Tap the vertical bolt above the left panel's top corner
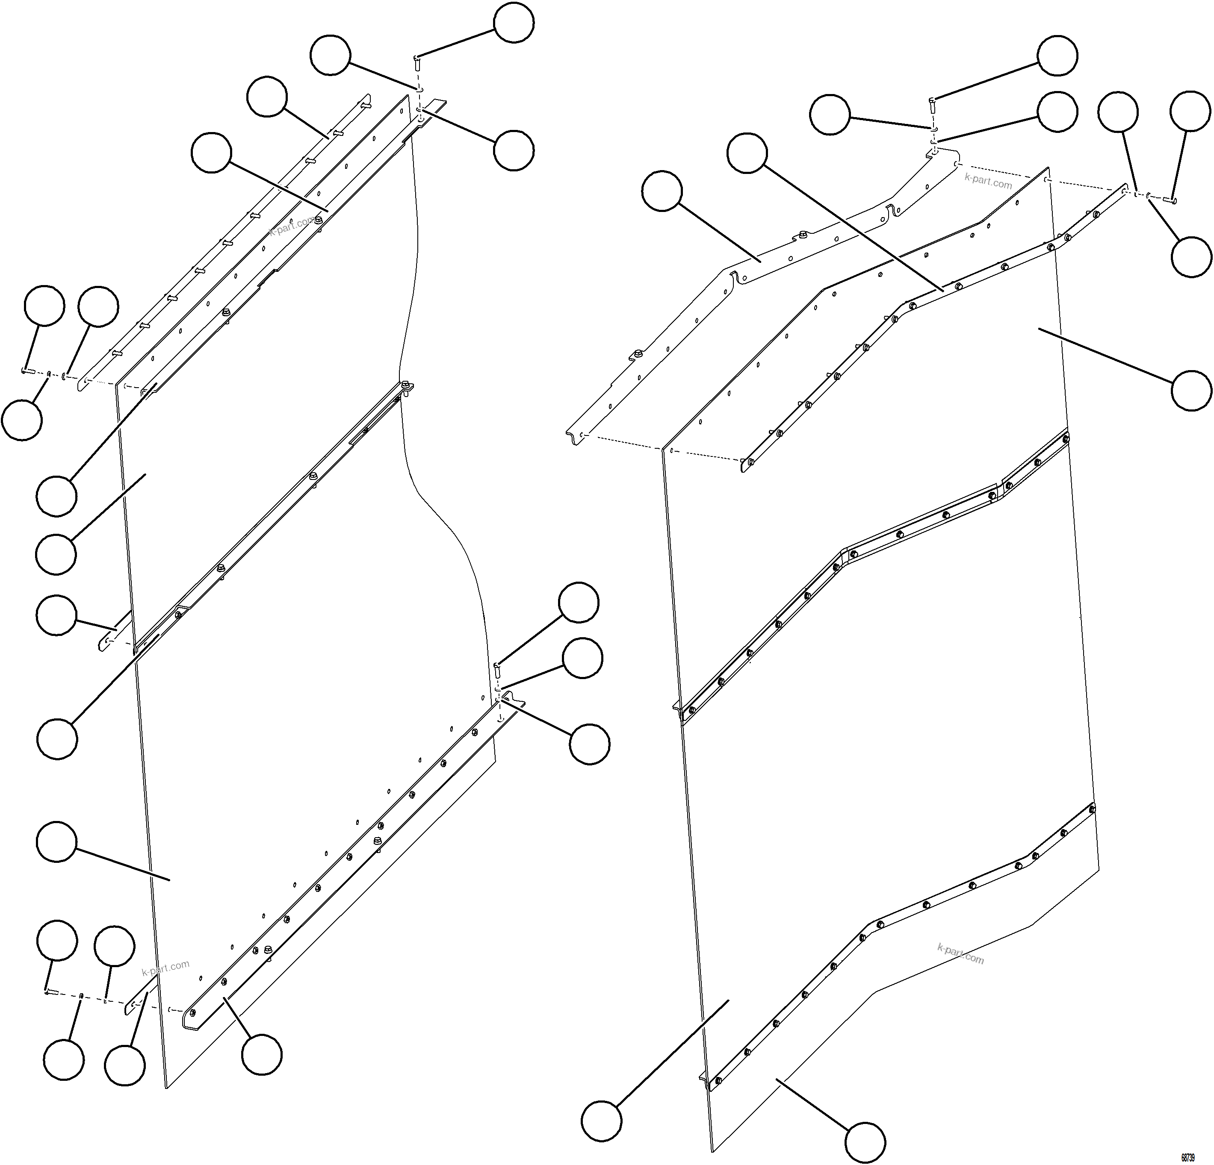[x=417, y=62]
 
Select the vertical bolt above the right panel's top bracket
[x=931, y=103]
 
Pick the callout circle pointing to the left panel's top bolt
[x=514, y=23]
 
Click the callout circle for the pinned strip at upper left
[x=267, y=97]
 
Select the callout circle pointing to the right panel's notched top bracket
[x=662, y=191]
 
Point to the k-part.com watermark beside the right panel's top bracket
[x=988, y=181]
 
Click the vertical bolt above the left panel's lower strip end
[x=497, y=669]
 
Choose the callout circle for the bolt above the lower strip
[x=579, y=602]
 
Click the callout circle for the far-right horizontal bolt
[x=1190, y=112]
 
